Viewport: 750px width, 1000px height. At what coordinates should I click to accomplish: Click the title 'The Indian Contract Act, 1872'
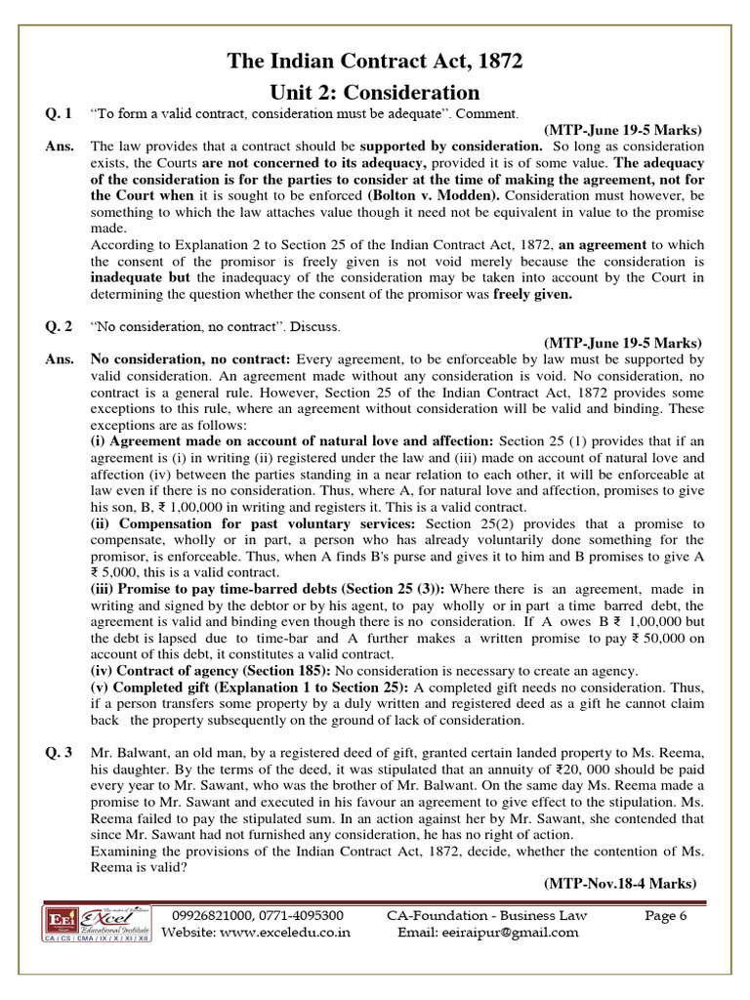click(x=375, y=62)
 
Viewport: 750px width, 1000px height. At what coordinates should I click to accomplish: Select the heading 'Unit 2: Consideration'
click(x=375, y=92)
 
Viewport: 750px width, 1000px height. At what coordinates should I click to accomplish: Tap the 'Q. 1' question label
click(x=59, y=114)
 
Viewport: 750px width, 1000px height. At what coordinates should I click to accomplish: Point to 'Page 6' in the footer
click(x=668, y=915)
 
